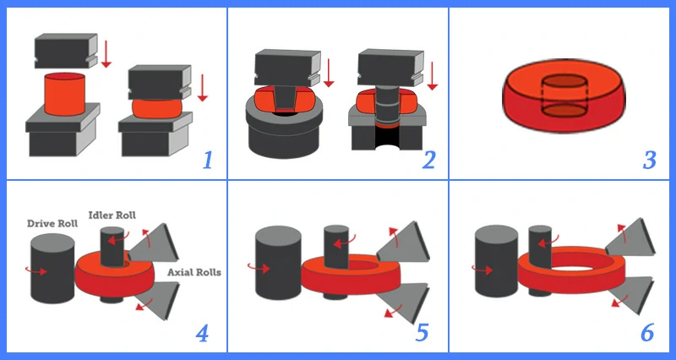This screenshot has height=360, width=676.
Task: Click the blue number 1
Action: [207, 161]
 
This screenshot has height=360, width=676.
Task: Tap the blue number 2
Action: [429, 160]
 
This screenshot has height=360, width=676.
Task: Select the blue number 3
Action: [650, 161]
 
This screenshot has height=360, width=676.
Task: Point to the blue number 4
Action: [202, 333]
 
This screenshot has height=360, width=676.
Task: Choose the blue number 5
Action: [422, 333]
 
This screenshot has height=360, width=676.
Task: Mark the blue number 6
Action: [647, 333]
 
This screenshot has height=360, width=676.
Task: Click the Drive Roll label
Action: [52, 223]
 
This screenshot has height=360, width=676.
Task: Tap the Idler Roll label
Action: [112, 215]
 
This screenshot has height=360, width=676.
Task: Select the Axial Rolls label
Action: [194, 272]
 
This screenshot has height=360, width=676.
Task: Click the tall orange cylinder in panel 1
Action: [65, 94]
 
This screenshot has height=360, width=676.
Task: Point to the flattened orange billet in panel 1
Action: [156, 109]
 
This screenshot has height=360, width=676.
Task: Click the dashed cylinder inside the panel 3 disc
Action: [564, 96]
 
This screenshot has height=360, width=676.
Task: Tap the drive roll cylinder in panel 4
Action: [52, 268]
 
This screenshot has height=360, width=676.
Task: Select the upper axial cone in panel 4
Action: [154, 243]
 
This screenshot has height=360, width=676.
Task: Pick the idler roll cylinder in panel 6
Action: [540, 259]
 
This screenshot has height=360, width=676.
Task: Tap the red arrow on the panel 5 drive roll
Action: [259, 268]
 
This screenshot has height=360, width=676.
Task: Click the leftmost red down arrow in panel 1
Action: [106, 53]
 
